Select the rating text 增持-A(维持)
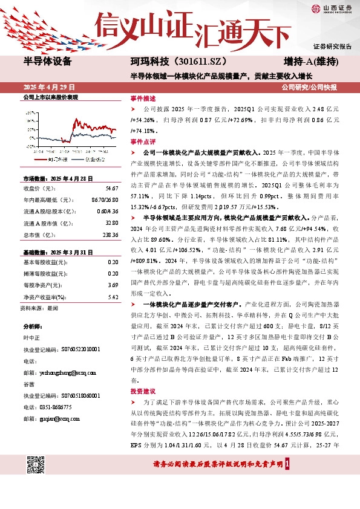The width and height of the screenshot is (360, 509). (310, 62)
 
